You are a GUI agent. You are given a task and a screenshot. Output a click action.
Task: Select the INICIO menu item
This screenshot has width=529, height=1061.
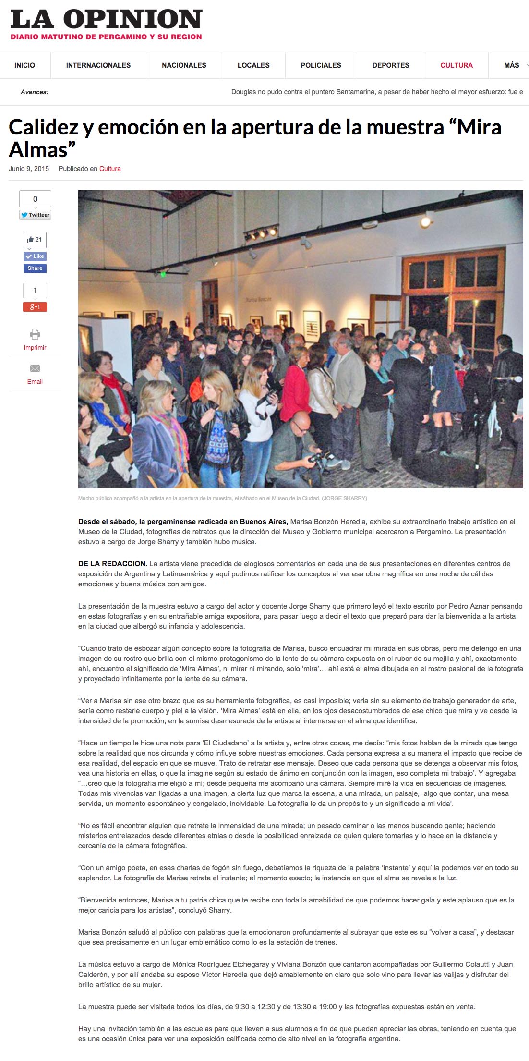point(24,65)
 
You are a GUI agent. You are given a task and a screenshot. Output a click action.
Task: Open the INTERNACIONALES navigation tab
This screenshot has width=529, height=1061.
point(98,65)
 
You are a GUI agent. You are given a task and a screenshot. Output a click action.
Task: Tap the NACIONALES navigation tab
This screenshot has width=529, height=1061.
point(184,65)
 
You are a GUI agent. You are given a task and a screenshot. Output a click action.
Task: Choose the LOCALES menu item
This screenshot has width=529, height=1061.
point(253,65)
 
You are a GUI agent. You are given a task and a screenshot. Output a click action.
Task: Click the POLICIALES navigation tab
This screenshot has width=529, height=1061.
point(321,65)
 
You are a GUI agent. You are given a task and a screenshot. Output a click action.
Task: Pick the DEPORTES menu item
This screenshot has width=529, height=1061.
point(391,65)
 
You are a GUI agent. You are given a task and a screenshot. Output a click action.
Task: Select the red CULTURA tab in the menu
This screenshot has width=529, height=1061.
point(457,65)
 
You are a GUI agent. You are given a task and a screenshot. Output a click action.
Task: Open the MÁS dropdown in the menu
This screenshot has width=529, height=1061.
point(512,65)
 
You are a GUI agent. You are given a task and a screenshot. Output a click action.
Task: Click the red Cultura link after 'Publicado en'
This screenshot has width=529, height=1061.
point(110,169)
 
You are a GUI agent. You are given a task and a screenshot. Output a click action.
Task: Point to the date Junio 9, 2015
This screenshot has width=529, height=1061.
point(29,169)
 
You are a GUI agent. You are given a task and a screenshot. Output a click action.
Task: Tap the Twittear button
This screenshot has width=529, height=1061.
point(35,215)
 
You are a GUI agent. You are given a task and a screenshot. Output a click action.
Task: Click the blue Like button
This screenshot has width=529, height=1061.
point(35,256)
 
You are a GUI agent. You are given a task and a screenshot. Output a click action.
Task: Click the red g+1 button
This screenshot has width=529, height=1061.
point(35,307)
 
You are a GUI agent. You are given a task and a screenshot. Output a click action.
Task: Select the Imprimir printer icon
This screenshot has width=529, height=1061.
point(35,334)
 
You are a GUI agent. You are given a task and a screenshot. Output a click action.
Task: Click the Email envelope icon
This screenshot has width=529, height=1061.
point(35,368)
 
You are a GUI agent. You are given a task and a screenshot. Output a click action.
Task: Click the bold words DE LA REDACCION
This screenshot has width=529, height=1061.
point(112,564)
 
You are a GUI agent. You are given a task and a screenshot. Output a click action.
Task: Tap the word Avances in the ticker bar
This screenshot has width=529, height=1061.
point(35,92)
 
